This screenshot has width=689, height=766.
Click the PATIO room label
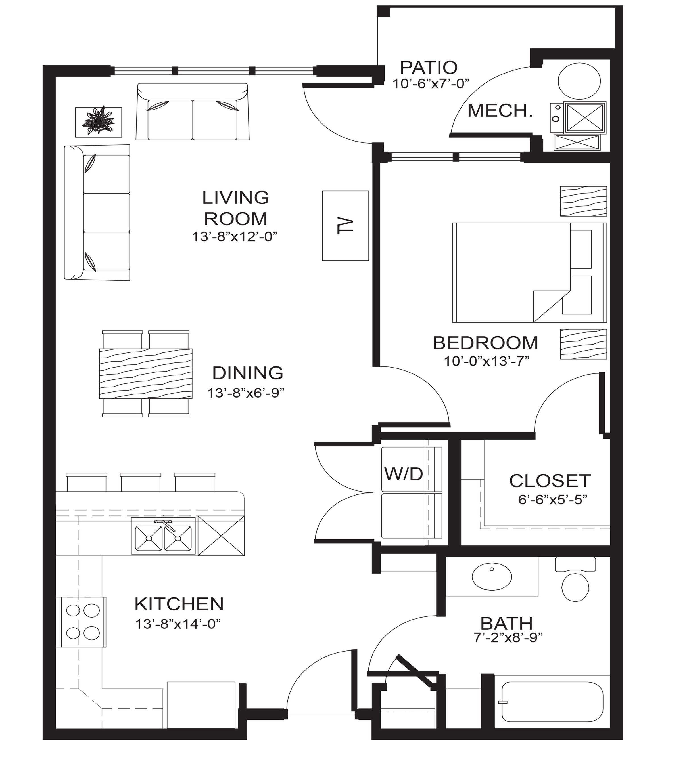click(x=429, y=68)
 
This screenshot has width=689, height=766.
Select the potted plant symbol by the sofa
click(x=99, y=122)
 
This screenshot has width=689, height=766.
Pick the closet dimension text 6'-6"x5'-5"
click(x=552, y=500)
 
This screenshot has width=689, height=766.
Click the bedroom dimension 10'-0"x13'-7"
click(x=486, y=361)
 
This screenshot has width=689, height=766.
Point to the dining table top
click(x=145, y=373)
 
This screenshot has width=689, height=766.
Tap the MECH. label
click(x=500, y=110)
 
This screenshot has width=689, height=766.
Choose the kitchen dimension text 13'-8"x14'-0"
click(x=178, y=624)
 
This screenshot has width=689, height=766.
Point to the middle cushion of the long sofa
click(x=107, y=213)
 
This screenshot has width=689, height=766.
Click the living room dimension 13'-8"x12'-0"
click(x=235, y=237)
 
